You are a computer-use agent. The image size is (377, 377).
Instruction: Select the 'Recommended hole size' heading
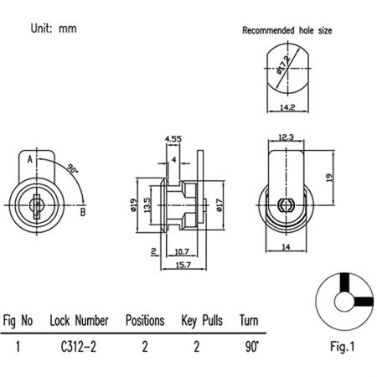click(287, 30)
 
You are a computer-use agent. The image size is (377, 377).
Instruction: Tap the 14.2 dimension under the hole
click(287, 106)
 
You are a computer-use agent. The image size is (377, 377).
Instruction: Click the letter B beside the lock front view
click(84, 212)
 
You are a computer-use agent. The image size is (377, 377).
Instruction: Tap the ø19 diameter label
click(134, 204)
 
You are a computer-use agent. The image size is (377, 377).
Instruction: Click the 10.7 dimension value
click(186, 250)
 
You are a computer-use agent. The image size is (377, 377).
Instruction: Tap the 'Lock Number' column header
click(79, 321)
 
